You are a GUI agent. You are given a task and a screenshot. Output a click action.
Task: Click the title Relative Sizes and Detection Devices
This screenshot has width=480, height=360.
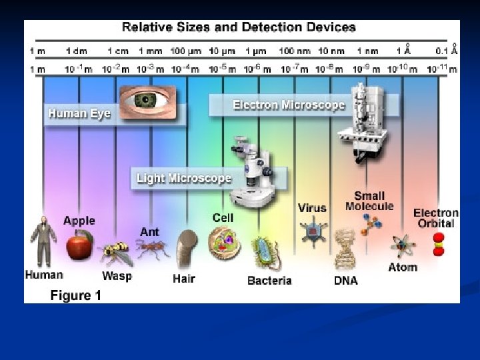coord(238,27)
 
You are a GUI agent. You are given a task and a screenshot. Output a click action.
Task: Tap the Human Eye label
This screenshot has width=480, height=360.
coord(79,113)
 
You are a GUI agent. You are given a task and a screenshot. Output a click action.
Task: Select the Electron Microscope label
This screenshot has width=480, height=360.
coord(288,105)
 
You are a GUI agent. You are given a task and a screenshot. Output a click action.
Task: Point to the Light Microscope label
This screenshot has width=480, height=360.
coord(183,178)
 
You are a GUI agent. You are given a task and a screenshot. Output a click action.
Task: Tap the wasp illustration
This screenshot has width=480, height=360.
coord(115,253)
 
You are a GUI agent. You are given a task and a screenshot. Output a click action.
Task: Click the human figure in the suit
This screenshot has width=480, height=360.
coord(43,241)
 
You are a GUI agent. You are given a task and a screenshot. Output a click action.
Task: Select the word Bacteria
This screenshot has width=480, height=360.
coord(269,281)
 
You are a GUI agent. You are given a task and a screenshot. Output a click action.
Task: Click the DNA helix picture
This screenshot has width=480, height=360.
coord(345,250)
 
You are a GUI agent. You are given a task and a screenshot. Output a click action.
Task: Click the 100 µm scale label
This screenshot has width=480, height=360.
coord(187,51)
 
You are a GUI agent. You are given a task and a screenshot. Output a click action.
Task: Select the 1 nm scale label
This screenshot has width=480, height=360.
coord(367,51)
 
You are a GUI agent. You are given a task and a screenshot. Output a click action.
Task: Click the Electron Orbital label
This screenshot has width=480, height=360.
coord(436,218)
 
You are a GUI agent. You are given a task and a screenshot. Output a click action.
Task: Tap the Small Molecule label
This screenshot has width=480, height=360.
coord(369,201)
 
